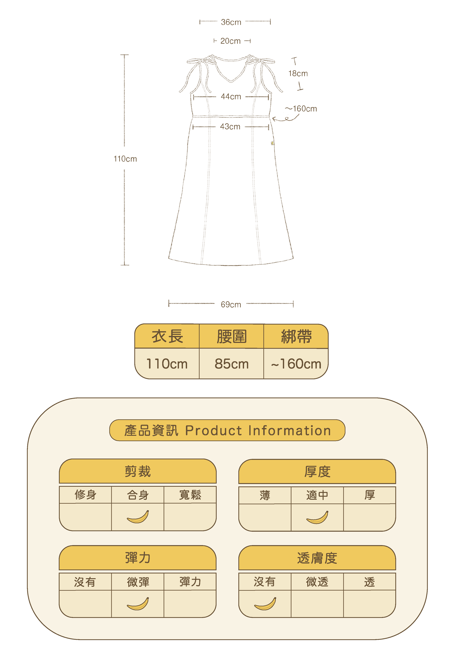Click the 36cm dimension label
(231, 22)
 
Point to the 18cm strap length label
(298, 74)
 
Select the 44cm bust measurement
(231, 97)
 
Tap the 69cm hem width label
(231, 304)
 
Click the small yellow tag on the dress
(272, 143)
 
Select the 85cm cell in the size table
(232, 364)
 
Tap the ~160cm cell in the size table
(296, 364)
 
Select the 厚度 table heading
(317, 472)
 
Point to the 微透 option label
(317, 582)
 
